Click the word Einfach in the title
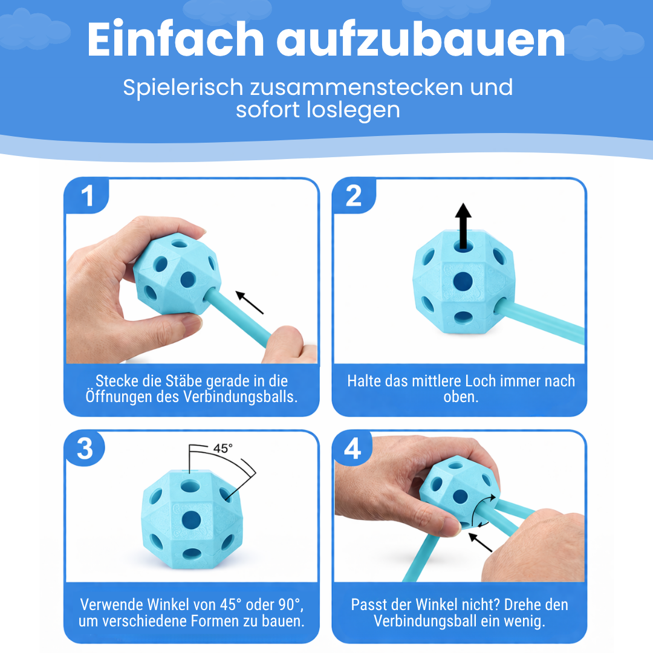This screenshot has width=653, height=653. (175, 41)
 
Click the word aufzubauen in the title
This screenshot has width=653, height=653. (421, 41)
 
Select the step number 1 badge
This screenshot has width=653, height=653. (88, 196)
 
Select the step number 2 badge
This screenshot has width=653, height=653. (354, 196)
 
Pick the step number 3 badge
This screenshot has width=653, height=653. (85, 449)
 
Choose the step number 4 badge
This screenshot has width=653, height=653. (352, 449)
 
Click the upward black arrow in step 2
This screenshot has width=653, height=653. (463, 226)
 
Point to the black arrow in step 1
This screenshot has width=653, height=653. (250, 302)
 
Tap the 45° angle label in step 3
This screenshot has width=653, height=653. (223, 449)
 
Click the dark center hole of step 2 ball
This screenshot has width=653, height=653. (463, 281)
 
